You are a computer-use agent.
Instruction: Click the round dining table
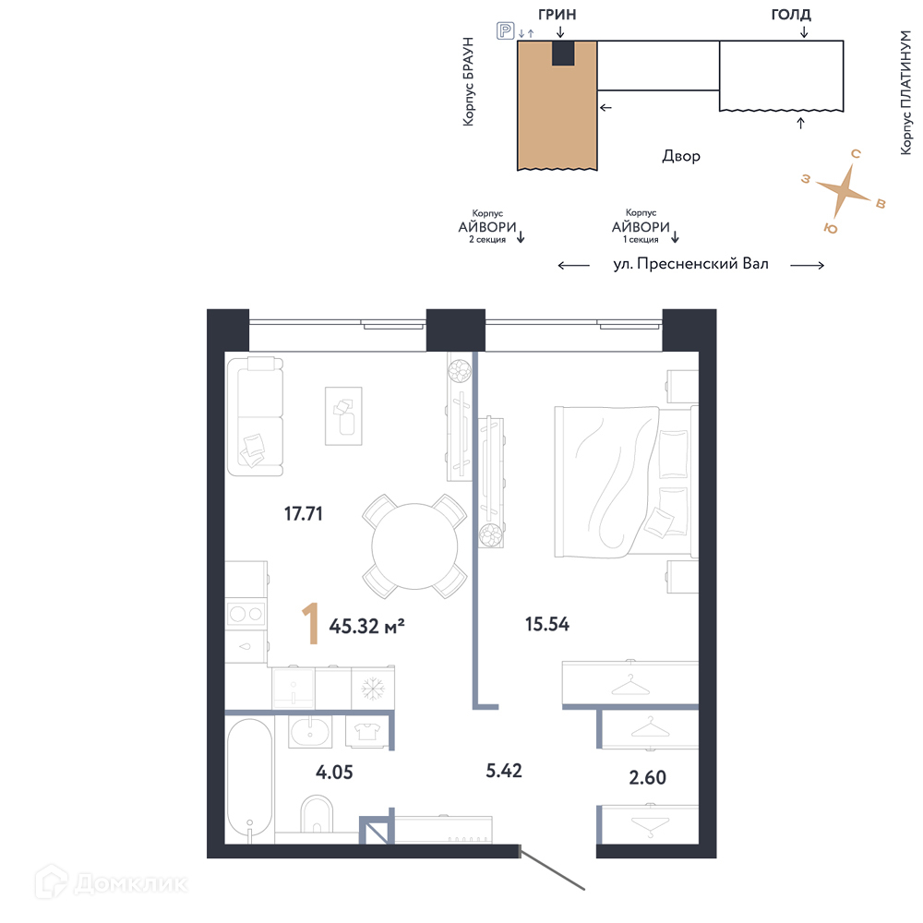414,546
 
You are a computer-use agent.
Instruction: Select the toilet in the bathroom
317,815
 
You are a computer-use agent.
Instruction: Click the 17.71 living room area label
303,514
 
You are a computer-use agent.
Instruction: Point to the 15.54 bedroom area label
546,624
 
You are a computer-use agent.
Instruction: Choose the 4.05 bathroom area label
334,772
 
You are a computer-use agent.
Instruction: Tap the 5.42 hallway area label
503,771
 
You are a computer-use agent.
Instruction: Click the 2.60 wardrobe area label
648,777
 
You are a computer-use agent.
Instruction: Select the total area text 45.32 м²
366,626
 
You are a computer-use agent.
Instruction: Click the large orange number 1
311,623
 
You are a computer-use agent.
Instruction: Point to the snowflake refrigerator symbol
373,689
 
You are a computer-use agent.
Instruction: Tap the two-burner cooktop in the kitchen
246,615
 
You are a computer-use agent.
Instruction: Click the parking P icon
505,30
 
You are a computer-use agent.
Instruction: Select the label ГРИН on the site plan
557,14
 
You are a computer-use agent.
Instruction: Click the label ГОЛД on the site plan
791,14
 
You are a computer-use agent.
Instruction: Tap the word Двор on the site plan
681,156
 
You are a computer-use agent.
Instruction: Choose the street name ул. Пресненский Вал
691,264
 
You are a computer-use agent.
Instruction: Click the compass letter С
856,153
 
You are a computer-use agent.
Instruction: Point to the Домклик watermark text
131,883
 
